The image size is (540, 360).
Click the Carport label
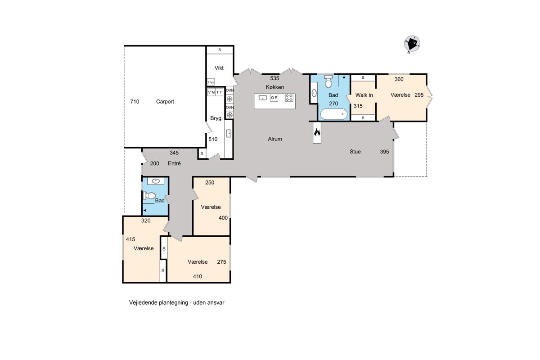coord(165,102)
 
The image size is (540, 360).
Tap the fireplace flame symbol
coord(317,132)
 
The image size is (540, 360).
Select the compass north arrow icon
coord(412,44)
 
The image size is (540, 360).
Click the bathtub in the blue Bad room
coord(334,114)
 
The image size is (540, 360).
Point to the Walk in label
coord(364,95)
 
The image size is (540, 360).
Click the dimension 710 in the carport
coord(135,102)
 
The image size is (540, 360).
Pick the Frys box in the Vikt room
coord(211,82)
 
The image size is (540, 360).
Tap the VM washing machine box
coord(211,92)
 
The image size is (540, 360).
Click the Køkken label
coord(275,87)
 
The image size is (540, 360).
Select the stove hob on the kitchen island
coord(289,98)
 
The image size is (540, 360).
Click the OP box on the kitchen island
coord(274,98)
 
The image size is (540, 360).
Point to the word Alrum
coord(275,139)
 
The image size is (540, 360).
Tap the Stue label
coord(355,152)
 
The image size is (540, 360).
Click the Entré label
coord(174,163)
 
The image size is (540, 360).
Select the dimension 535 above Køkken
coord(274,78)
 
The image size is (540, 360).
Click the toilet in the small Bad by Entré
coord(149,196)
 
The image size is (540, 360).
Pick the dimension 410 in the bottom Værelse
coord(198,276)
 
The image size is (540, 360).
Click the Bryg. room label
coord(216,118)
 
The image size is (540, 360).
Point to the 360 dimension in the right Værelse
coord(399,79)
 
